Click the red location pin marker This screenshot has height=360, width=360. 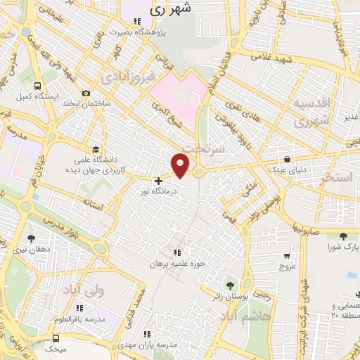click(181, 165)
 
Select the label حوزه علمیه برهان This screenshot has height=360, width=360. click(176, 264)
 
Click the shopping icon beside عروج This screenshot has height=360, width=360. click(287, 256)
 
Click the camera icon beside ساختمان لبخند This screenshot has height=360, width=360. click(86, 94)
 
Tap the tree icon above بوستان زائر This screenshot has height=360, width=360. click(229, 286)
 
